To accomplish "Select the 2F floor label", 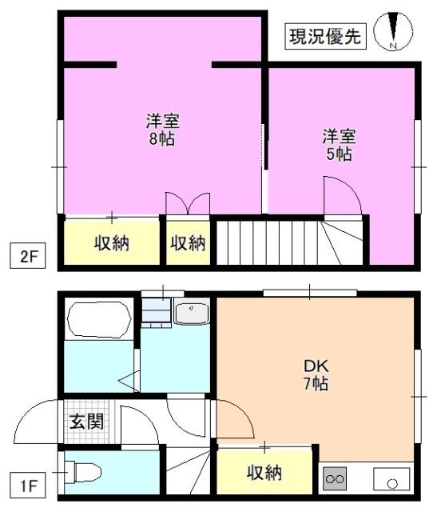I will coord(28,258).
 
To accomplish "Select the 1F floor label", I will coord(28,484).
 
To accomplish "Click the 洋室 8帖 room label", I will coord(161,130).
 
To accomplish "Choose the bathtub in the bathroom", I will coord(99,320).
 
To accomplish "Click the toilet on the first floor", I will coord(83,473).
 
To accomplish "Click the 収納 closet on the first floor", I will coord(264,473).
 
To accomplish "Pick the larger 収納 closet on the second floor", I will coord(112,242).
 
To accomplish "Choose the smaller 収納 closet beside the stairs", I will coord(188,242).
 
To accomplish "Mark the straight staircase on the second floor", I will coord(244,242).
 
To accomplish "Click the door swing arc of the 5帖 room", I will coord(339,194).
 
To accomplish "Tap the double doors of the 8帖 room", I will coord(187,203).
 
